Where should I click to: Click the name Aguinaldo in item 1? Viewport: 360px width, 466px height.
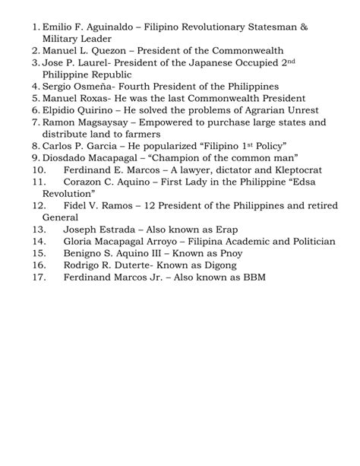pos(109,27)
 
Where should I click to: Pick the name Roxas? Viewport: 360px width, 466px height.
pos(96,99)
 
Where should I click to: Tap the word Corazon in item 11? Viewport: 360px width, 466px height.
pos(84,182)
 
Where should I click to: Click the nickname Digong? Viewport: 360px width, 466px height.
pos(216,265)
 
